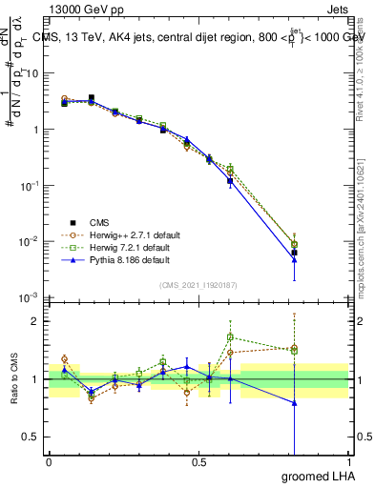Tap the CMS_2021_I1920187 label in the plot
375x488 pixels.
(198, 285)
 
